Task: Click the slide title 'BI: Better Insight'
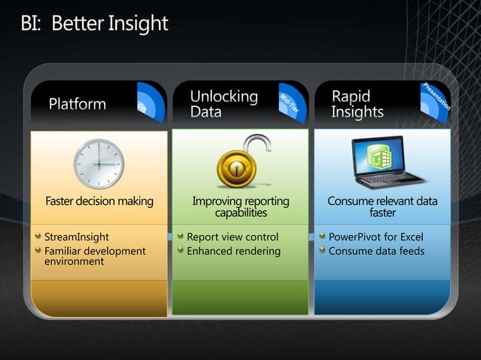click(94, 24)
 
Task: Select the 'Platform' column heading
click(78, 104)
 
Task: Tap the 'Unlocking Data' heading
click(223, 104)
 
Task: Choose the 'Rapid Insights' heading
click(357, 104)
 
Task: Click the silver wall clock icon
click(98, 163)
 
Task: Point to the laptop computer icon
click(388, 163)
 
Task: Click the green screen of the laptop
click(382, 157)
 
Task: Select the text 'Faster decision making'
click(99, 201)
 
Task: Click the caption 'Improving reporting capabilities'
click(240, 206)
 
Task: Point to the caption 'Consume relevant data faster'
click(382, 206)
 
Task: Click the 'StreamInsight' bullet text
click(75, 237)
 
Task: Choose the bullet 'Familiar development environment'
click(94, 256)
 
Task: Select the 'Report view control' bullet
click(232, 237)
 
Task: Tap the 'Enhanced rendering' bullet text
click(233, 251)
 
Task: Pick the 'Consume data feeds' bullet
click(376, 251)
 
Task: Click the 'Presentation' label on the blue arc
click(437, 96)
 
